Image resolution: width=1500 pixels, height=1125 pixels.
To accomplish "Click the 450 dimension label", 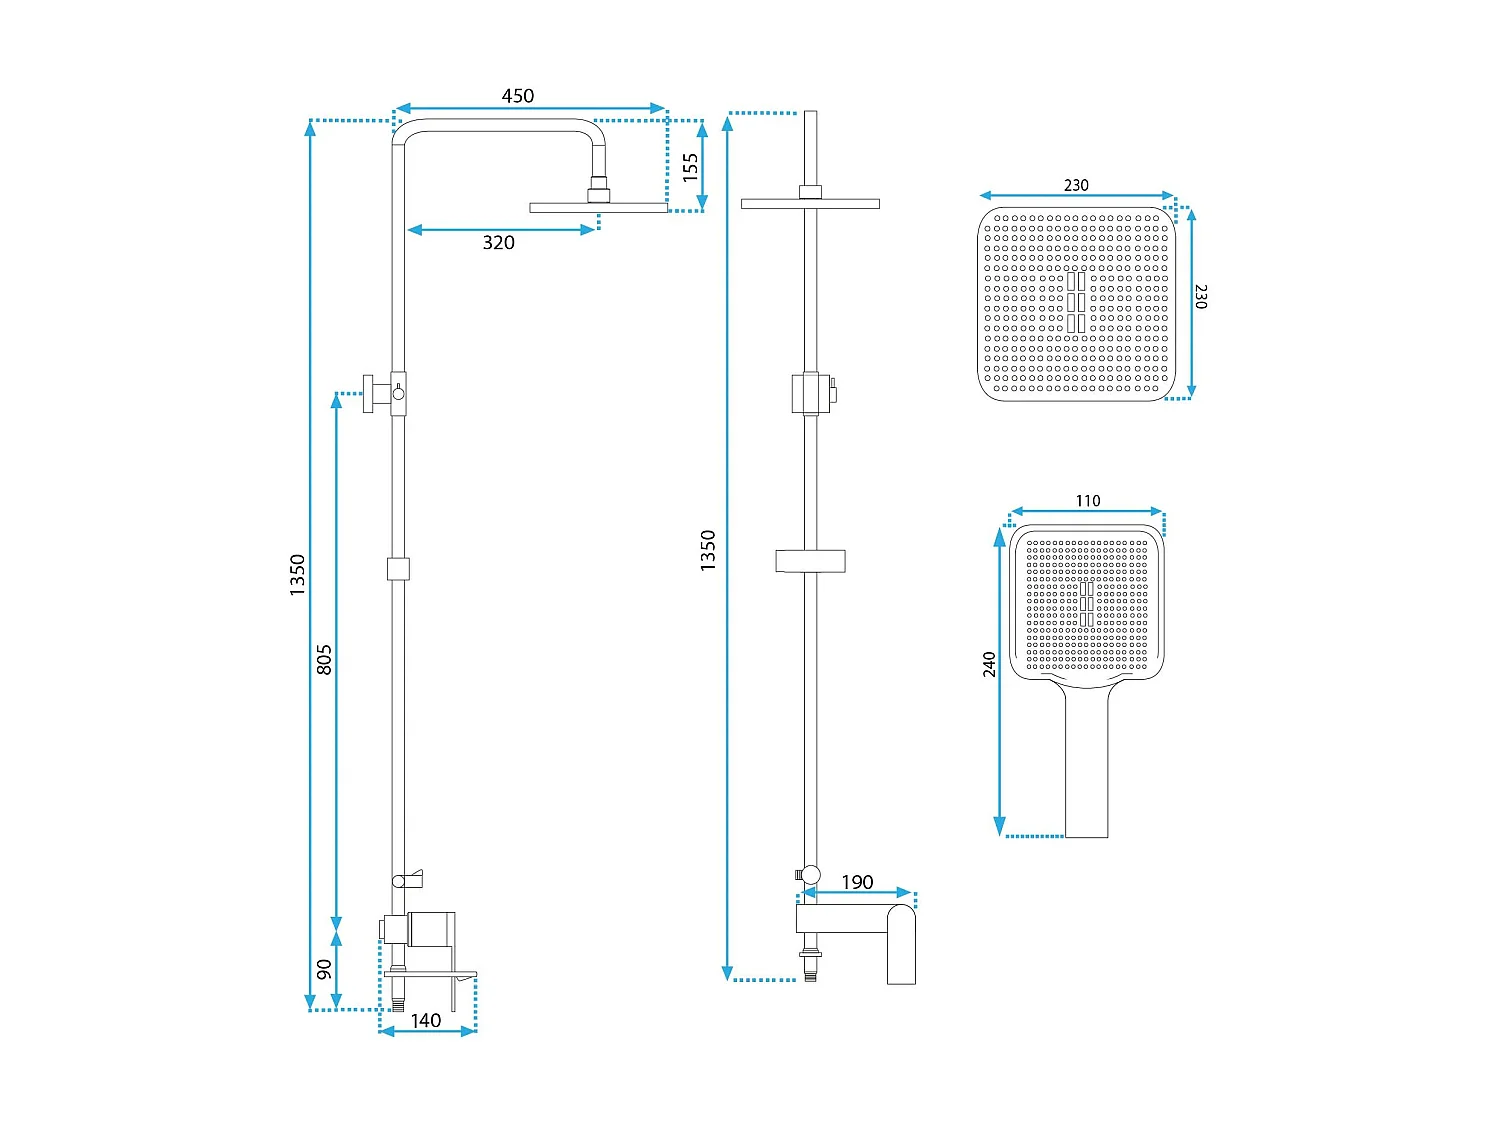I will pos(518,96).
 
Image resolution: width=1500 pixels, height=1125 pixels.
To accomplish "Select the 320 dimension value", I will pos(499,243).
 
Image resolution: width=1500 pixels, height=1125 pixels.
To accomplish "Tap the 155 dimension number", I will pos(691,166).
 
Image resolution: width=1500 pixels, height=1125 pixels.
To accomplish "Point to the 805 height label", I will pos(324,660).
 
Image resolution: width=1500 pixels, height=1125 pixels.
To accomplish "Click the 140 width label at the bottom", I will pos(426,1021).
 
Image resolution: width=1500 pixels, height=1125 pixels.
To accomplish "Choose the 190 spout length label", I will pos(857,882).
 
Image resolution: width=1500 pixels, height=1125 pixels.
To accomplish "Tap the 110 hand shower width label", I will pos(1088,501).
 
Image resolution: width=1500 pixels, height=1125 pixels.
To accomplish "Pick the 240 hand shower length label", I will pos(989,664).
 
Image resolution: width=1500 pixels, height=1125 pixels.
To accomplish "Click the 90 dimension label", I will pos(324,969).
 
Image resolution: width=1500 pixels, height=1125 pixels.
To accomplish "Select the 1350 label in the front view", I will pos(708,550).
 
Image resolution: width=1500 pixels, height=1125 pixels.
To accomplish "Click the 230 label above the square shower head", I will pos(1076,185).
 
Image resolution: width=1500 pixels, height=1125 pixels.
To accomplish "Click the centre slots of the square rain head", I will pos(1076,302).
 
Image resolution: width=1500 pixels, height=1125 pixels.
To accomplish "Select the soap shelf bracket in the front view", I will pos(810,561).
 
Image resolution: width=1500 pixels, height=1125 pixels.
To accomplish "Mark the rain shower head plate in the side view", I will pos(598,208).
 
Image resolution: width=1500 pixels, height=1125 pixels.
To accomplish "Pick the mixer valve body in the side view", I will pos(430,929).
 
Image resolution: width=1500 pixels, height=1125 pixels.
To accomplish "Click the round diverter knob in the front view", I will pos(809,875).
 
